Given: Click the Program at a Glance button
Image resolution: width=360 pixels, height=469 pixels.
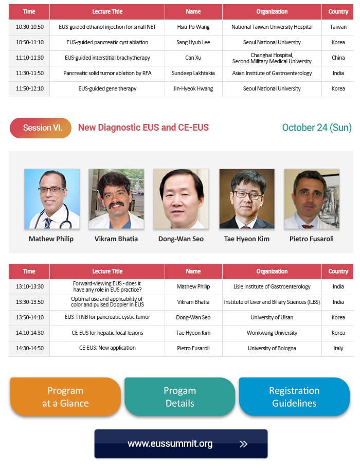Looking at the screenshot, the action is [x=65, y=396].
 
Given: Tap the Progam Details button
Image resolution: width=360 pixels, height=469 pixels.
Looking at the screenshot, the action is [x=179, y=396].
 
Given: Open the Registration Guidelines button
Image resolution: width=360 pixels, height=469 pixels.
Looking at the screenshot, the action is [x=294, y=396].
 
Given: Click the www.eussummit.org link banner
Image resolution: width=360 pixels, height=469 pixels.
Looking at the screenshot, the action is [x=181, y=444].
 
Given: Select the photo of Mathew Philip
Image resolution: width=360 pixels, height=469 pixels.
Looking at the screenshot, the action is [x=52, y=199].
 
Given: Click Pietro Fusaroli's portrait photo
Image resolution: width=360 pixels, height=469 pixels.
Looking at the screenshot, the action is [x=312, y=199].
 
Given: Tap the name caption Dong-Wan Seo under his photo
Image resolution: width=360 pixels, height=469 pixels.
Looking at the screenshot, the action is [x=181, y=239].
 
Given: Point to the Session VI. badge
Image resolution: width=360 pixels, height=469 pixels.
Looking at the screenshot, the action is [x=41, y=128].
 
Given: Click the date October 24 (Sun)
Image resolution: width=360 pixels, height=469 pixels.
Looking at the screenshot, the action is [x=317, y=128].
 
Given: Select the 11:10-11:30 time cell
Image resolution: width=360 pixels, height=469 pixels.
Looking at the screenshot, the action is [x=30, y=58].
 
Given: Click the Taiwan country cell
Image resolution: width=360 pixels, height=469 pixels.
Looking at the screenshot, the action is [x=338, y=27].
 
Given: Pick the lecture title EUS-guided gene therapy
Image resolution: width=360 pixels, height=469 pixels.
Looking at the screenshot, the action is [x=107, y=88].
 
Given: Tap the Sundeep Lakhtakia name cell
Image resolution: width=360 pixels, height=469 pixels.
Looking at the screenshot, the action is [x=193, y=73].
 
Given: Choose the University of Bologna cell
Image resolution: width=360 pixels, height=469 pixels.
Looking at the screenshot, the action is [x=272, y=348].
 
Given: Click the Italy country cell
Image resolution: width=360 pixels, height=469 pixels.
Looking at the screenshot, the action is [x=338, y=348].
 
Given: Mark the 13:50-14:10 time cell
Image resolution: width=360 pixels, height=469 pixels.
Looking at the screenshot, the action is [x=30, y=317].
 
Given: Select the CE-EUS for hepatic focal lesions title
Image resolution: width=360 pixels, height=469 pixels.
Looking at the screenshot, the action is [x=107, y=333].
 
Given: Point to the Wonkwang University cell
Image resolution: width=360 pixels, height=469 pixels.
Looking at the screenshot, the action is [x=272, y=333].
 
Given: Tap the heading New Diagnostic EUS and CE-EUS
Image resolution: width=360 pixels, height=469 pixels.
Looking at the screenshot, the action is [x=143, y=128].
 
